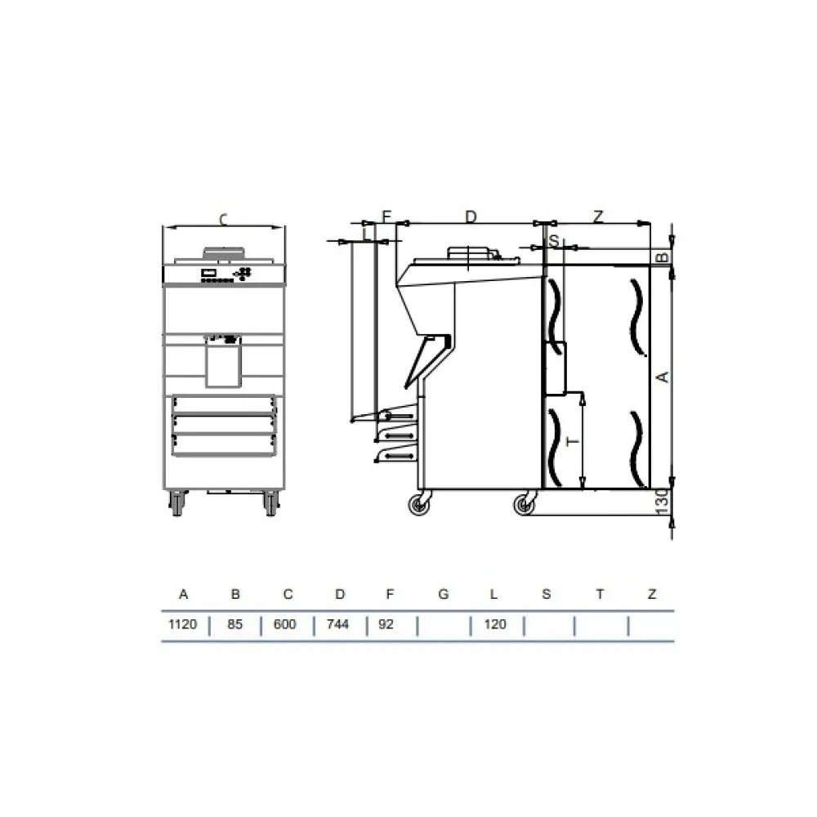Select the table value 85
tap(235, 625)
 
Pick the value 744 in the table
tap(337, 625)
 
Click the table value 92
tap(386, 625)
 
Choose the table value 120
tap(495, 625)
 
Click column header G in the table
tap(443, 594)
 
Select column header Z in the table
tap(651, 594)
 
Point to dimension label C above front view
tap(223, 219)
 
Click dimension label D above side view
tap(471, 216)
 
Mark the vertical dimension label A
tap(663, 377)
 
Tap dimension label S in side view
tap(553, 241)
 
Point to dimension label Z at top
tap(598, 216)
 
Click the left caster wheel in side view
tap(421, 506)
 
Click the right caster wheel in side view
tap(523, 506)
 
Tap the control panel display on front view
tap(209, 273)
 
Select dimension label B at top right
tap(663, 257)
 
